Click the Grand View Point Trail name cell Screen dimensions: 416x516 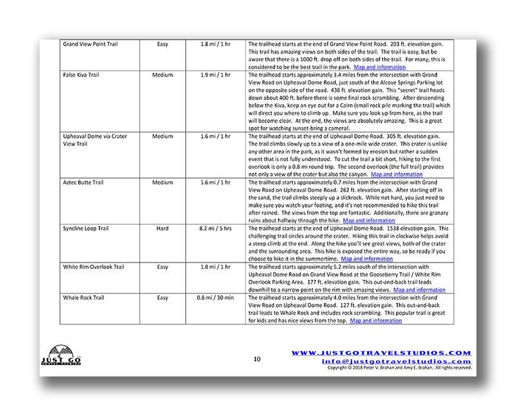coord(90,45)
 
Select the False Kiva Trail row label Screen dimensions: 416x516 coord(81,75)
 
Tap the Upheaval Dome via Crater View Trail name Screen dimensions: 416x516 coord(94,140)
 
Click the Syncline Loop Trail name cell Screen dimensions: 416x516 coord(86,229)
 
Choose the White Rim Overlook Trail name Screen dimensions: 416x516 coord(93,268)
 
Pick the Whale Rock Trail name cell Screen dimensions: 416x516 coord(84,298)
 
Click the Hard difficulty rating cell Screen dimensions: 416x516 coord(163,229)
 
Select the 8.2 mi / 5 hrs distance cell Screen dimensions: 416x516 coord(215,229)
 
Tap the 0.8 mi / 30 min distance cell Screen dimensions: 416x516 coord(215,298)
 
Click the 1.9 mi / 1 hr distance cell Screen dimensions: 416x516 coord(215,75)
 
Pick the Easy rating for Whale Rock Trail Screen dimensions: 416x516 coord(163,298)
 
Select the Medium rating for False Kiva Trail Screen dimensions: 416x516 coord(163,75)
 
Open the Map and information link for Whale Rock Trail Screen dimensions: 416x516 coord(375,321)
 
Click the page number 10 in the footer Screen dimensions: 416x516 coord(257,359)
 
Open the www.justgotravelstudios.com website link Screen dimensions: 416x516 coord(381,353)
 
